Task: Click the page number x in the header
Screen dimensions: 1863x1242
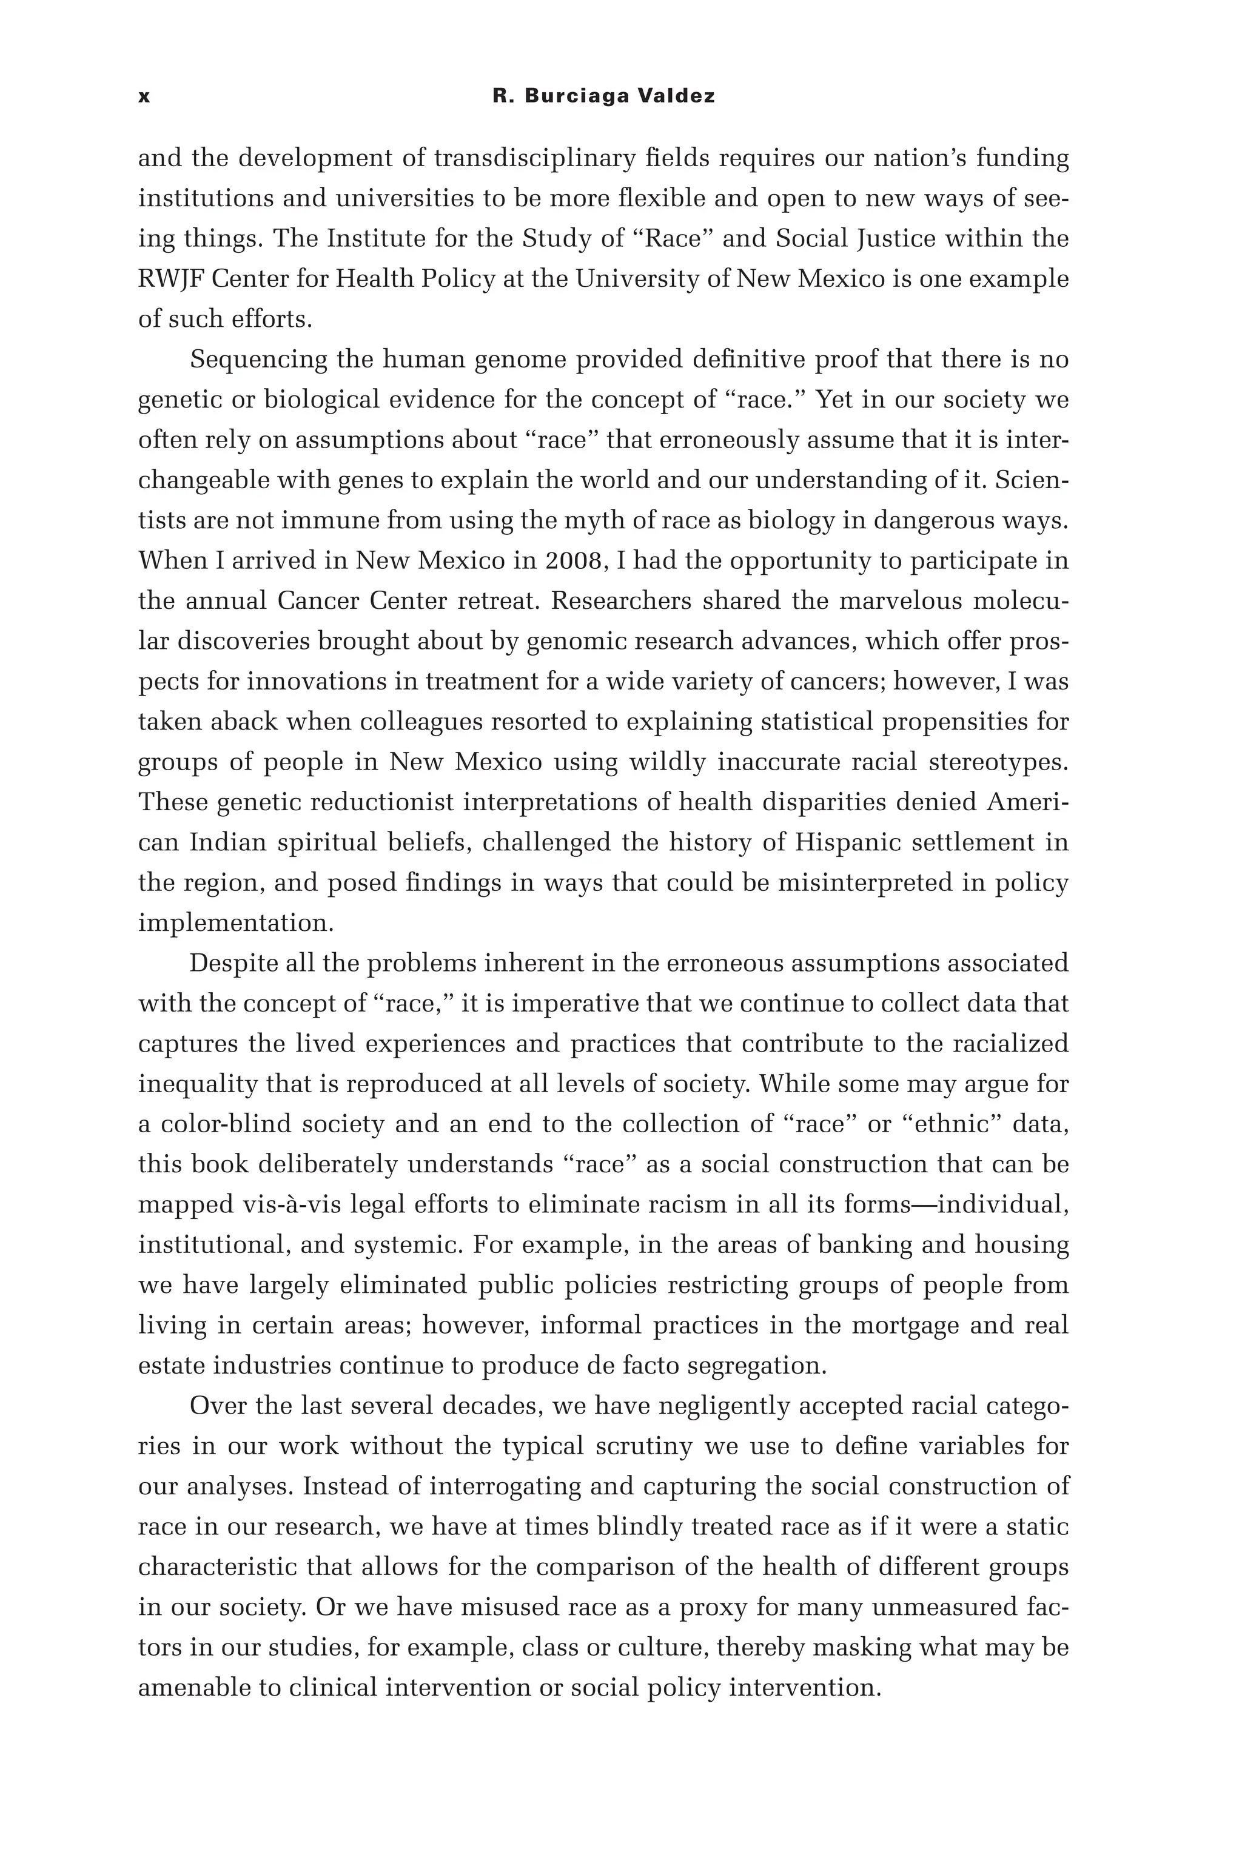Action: (x=143, y=96)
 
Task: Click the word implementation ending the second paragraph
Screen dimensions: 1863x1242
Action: (x=235, y=924)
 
